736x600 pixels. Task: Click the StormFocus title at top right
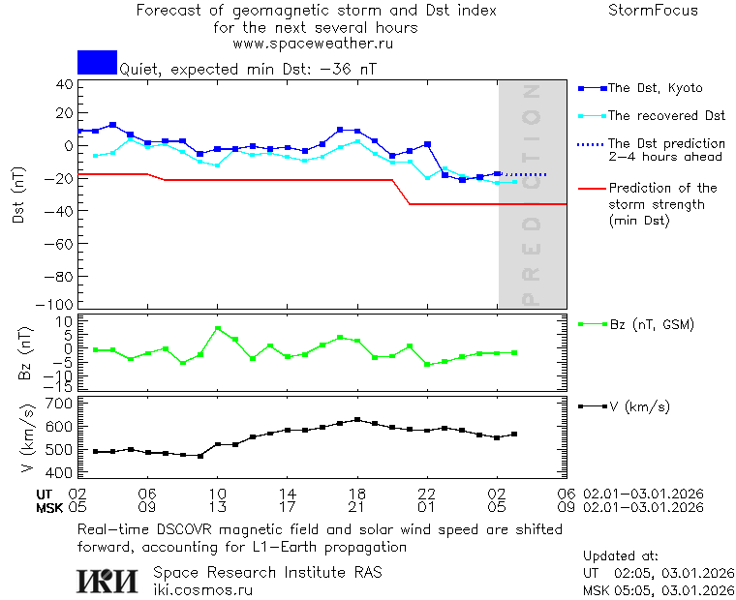click(653, 11)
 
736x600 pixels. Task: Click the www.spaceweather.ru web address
click(313, 44)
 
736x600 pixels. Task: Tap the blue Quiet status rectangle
click(97, 62)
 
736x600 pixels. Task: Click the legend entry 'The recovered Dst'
click(666, 115)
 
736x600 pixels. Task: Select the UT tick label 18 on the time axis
click(357, 494)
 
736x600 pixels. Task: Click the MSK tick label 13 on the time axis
click(218, 507)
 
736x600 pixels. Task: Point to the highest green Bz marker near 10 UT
click(218, 329)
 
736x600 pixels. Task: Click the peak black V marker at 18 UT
click(357, 420)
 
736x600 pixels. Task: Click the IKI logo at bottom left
click(107, 581)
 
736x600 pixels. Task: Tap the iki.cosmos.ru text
click(203, 589)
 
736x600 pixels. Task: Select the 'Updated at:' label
click(620, 556)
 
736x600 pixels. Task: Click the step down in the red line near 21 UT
click(401, 192)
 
